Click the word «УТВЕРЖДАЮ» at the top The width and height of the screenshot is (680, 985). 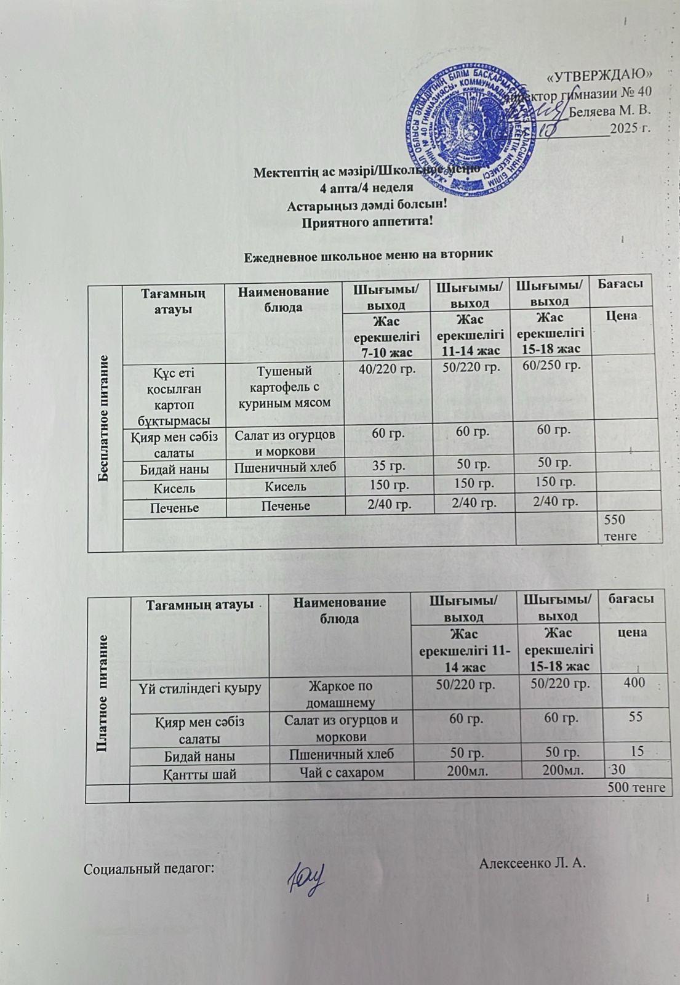point(599,75)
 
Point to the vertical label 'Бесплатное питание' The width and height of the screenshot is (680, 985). point(105,419)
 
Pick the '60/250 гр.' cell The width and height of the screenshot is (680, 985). point(551,366)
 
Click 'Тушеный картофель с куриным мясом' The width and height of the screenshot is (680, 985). point(284,387)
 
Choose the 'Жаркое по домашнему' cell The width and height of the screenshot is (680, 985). point(340,691)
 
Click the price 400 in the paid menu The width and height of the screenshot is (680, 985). point(633,682)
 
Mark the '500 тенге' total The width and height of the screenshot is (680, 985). point(636,787)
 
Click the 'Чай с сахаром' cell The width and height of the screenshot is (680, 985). point(341,773)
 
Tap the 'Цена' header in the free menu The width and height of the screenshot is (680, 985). point(621,315)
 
